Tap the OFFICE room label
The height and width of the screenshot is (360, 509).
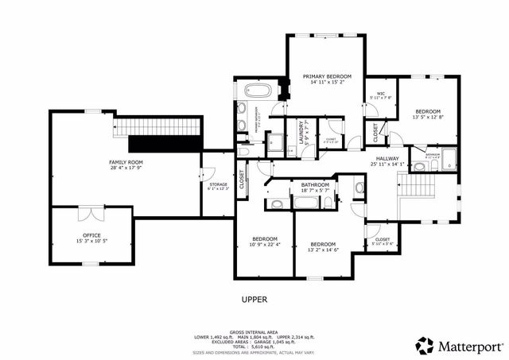[x=91, y=235]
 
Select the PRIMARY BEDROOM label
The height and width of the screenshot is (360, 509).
[x=326, y=76]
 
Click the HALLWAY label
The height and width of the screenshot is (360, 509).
[x=387, y=158]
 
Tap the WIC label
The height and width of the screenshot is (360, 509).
[x=381, y=94]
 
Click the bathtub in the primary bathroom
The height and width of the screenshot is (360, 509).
[x=258, y=91]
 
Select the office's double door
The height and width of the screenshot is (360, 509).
[x=91, y=212]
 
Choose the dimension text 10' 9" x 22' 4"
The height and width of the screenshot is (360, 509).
[x=265, y=245]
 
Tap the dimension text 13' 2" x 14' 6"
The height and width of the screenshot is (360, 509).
[x=323, y=250]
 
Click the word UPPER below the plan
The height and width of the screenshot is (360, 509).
[x=254, y=300]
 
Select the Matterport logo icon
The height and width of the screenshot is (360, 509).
[x=425, y=345]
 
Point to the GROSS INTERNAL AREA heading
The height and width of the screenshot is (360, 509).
[x=254, y=331]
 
